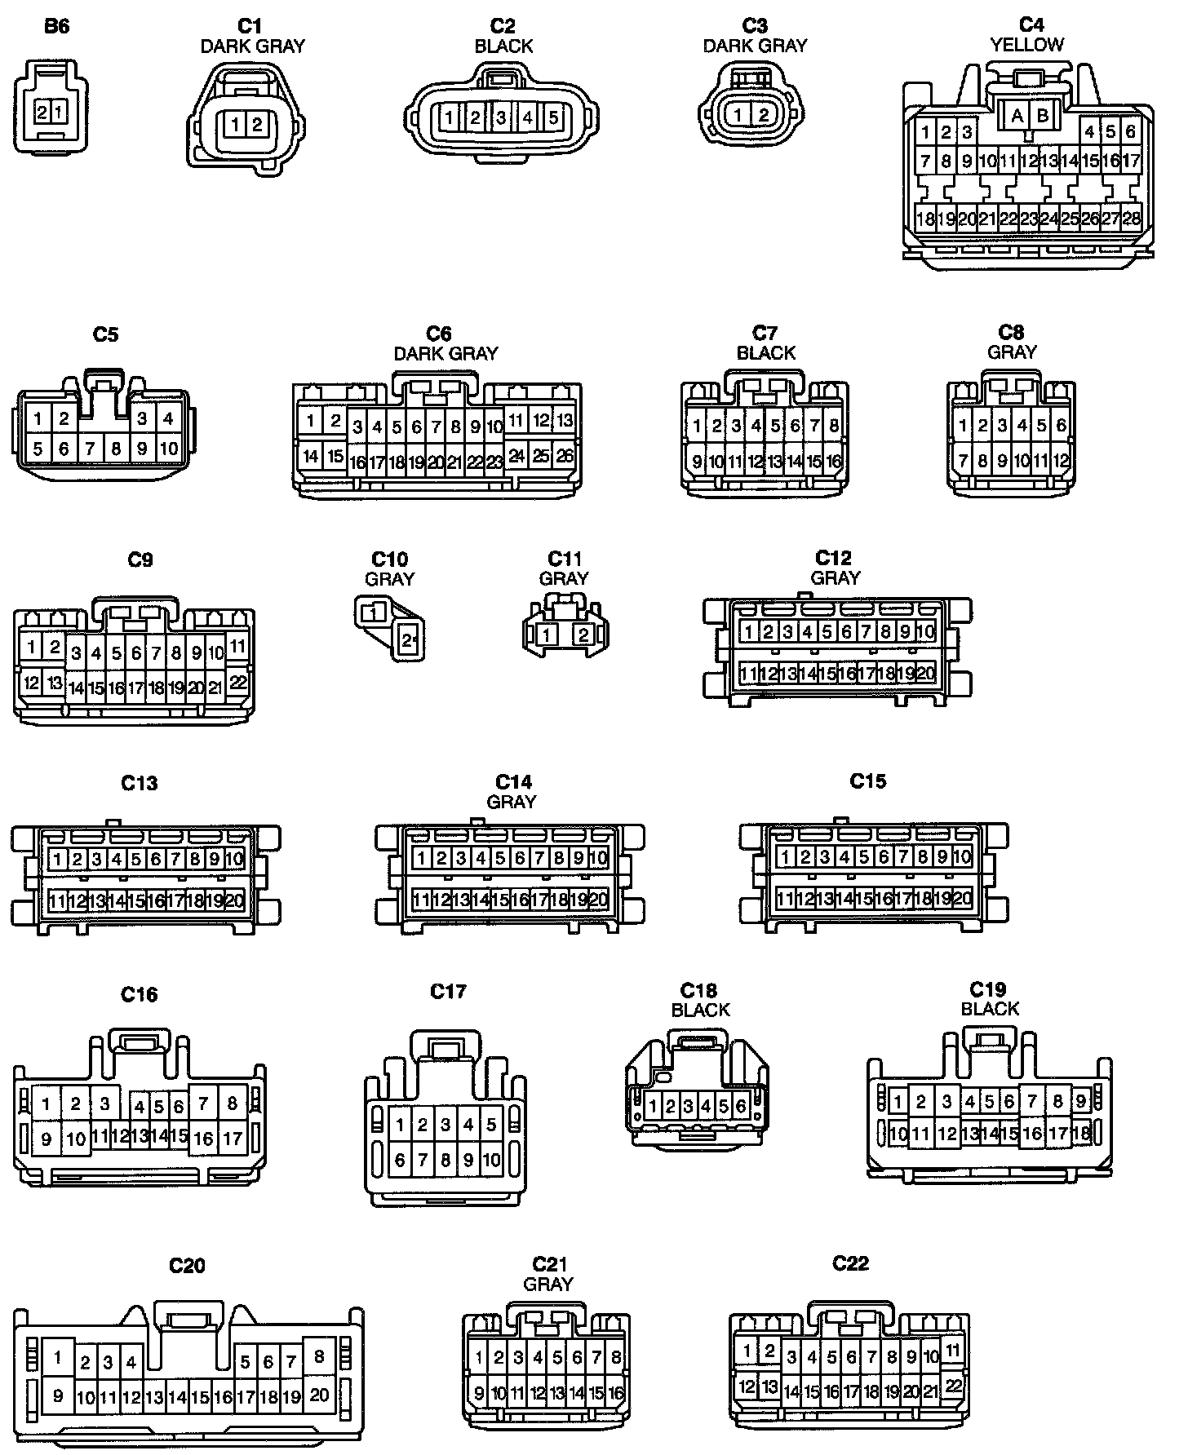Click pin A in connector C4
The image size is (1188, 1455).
tap(1017, 116)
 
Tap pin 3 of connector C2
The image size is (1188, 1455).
tap(501, 117)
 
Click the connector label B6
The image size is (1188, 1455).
tap(56, 26)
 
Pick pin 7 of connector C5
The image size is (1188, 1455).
tap(91, 449)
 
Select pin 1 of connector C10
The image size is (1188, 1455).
tap(373, 611)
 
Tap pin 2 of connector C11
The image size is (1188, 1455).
tap(583, 635)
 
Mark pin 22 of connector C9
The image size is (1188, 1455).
tap(237, 680)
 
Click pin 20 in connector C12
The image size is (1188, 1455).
tap(925, 674)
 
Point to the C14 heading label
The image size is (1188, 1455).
tap(513, 782)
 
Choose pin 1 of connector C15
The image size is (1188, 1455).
tap(786, 857)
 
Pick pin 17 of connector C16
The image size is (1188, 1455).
tap(233, 1138)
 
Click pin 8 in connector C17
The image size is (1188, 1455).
tap(445, 1159)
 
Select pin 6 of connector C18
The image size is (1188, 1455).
tap(741, 1107)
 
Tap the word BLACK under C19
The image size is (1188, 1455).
tap(990, 1009)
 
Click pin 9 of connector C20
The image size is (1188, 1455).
tap(57, 1395)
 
